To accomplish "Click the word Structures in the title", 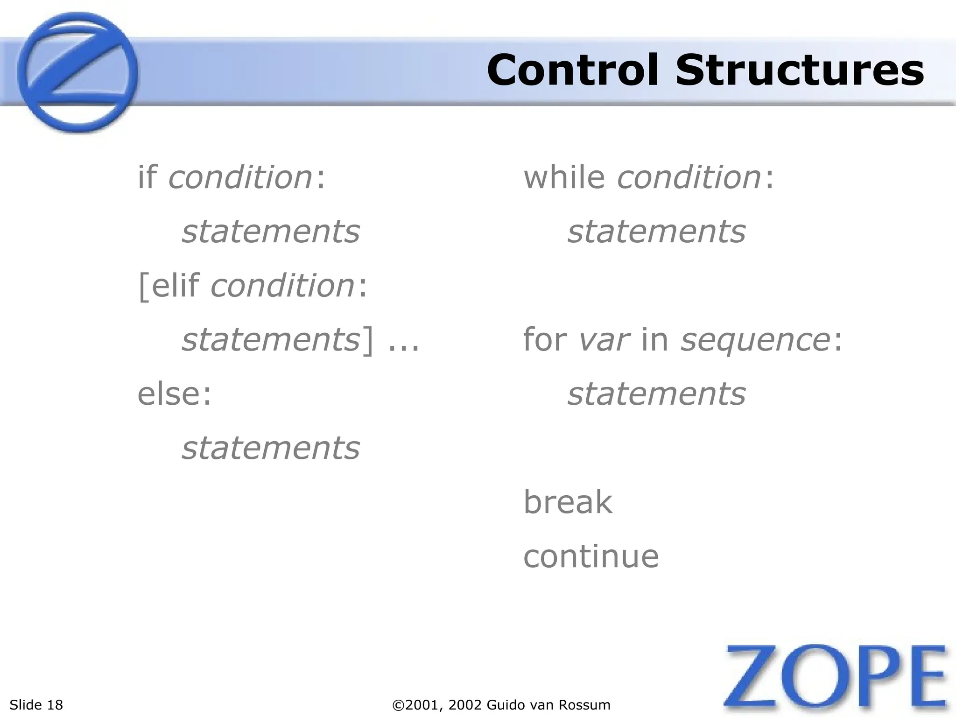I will [799, 70].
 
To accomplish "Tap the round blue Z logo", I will [77, 72].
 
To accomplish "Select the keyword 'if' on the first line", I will [147, 177].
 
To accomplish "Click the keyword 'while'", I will [564, 177].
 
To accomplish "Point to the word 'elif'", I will [176, 286].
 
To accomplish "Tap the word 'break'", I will [568, 502].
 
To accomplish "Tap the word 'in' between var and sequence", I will [655, 340].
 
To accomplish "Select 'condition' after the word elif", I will [283, 286].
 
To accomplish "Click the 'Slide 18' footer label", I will [36, 705].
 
